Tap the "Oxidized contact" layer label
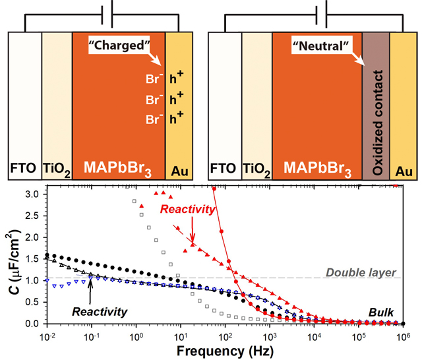(x=376, y=105)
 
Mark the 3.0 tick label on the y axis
(x=32, y=195)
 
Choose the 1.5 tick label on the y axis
(x=32, y=259)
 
